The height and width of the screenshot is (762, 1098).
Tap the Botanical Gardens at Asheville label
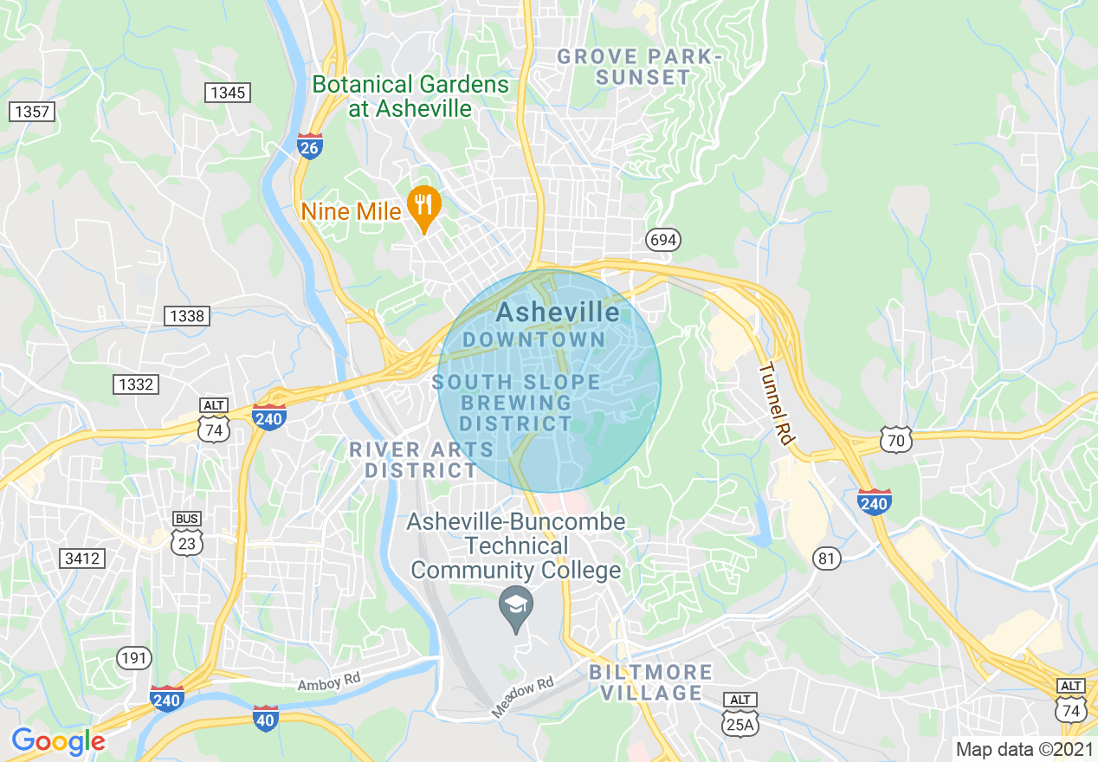pos(410,96)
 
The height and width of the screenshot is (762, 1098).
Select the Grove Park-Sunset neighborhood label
pos(638,67)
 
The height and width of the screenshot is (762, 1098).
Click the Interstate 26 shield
pos(310,145)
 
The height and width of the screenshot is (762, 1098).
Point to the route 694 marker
pos(662,240)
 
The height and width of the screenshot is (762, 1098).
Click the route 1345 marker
pos(228,92)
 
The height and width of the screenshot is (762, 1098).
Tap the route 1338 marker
pos(187,315)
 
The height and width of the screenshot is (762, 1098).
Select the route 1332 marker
pos(136,384)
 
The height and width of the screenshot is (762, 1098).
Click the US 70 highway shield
pos(896,440)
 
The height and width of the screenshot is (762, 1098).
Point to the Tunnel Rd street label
pos(776,404)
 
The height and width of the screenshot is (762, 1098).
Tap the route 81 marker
pos(827,559)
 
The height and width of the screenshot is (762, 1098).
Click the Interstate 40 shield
pos(266,718)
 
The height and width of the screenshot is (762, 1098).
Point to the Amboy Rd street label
pos(329,681)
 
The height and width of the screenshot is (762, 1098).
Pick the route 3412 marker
pos(82,559)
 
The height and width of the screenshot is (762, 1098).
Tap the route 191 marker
pos(134,659)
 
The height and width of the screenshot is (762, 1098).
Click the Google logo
pos(58,741)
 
